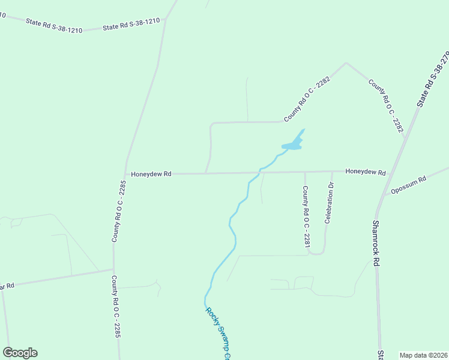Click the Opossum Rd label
(408, 184)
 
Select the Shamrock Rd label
(376, 242)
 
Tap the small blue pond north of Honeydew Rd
(292, 145)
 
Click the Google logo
(20, 353)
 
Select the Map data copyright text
(423, 355)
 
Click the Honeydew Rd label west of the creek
(151, 174)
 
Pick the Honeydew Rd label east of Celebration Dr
(366, 172)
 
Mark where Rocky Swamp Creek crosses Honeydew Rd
(259, 173)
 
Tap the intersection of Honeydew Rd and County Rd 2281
(305, 172)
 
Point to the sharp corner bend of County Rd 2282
(346, 62)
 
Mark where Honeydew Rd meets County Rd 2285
(124, 174)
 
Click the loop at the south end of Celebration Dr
(317, 252)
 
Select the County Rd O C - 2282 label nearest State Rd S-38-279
(385, 106)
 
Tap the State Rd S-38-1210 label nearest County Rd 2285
(131, 25)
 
